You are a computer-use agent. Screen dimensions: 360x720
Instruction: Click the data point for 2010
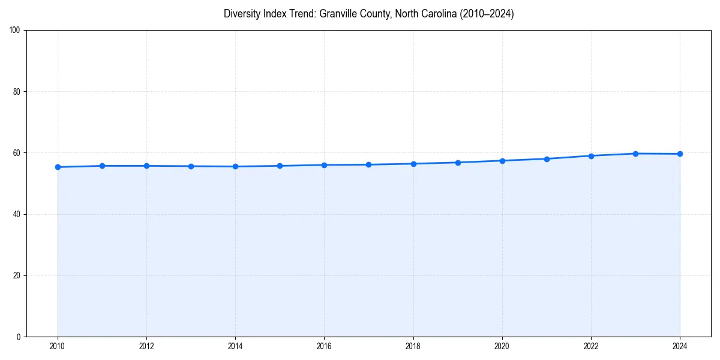58,167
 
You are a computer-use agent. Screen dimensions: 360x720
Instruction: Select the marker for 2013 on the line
191,166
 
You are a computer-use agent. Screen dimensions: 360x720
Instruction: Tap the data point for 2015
280,166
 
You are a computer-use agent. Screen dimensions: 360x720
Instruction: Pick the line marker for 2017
368,164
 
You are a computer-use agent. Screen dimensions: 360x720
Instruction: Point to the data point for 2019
458,163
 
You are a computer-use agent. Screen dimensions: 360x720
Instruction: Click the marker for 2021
547,159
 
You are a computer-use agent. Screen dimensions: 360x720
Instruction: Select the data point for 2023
635,154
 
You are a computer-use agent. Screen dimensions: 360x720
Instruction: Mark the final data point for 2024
680,154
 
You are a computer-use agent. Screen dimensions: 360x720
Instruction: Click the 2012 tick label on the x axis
146,346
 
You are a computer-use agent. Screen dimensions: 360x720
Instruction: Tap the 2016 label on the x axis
324,346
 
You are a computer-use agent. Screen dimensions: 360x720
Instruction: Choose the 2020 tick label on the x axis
502,346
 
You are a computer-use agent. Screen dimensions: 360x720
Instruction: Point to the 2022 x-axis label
591,346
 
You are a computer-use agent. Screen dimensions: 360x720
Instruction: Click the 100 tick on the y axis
15,30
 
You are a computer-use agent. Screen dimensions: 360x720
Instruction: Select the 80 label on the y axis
17,92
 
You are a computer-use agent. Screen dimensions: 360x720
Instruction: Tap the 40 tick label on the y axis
17,214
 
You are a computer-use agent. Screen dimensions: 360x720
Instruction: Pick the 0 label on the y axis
19,337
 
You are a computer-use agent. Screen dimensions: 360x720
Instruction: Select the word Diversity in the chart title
241,14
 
